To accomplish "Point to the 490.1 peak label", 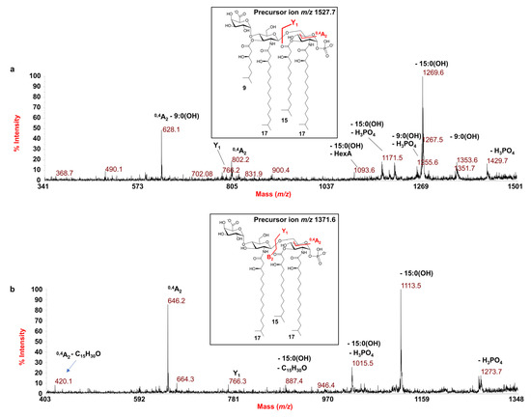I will tap(115, 169).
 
